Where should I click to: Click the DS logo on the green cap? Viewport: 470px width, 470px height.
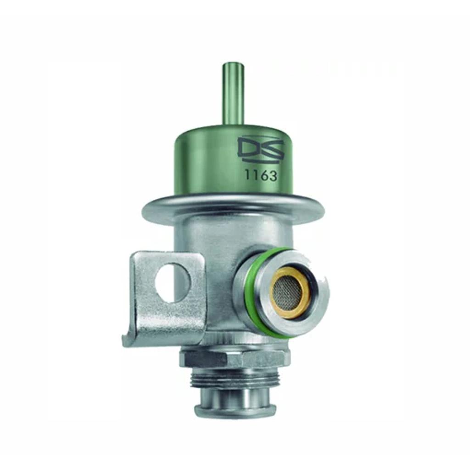(260, 149)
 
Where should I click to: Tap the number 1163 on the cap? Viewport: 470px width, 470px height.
(260, 175)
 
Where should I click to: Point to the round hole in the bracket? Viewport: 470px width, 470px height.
(172, 282)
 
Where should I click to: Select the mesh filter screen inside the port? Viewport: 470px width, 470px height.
(288, 292)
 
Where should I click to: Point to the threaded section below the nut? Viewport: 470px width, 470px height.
(234, 379)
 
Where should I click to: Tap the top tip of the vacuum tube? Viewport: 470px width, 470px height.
(233, 65)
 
